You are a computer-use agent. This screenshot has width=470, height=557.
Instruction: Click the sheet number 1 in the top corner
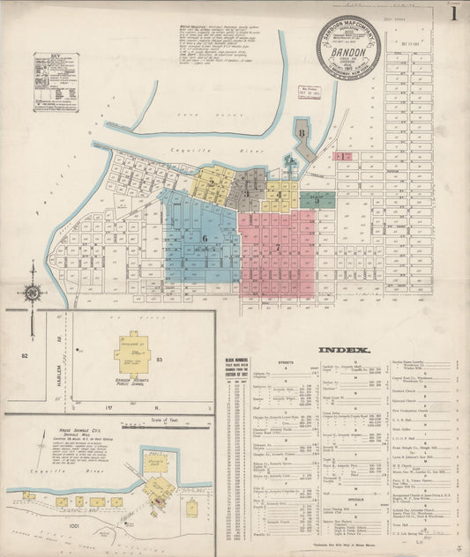click(453, 14)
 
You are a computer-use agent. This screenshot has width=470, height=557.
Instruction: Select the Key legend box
click(56, 82)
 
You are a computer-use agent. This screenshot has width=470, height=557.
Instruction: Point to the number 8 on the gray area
click(302, 133)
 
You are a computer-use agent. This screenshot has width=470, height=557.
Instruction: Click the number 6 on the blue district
click(205, 237)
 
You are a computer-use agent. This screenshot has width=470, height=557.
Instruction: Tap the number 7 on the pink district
click(277, 248)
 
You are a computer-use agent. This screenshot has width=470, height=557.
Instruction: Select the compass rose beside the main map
click(32, 292)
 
